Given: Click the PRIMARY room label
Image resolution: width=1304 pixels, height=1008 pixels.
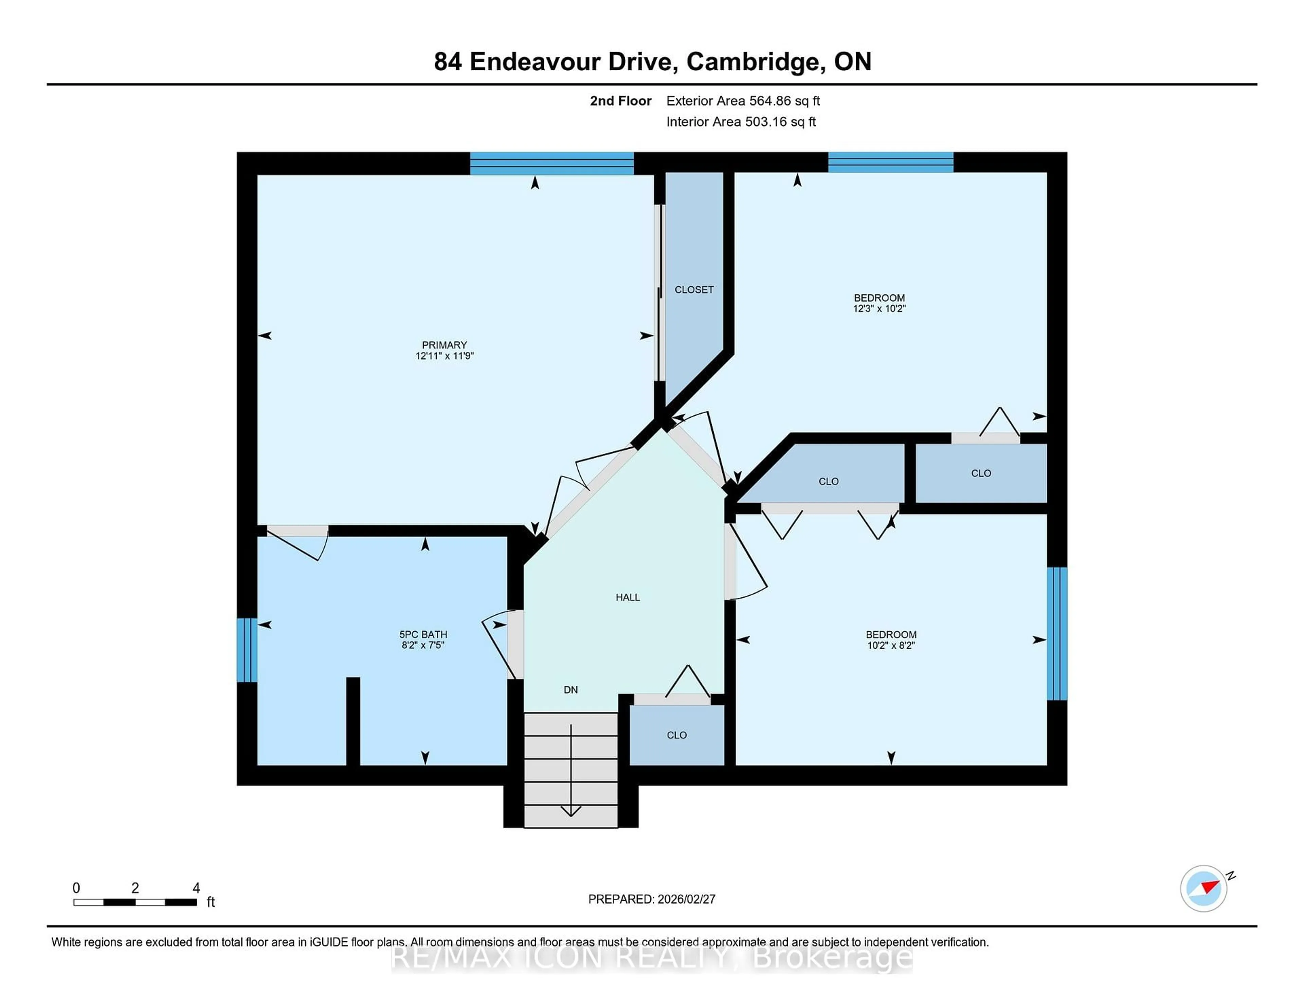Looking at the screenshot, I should pos(444,345).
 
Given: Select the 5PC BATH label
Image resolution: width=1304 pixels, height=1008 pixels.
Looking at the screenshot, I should pos(423,635).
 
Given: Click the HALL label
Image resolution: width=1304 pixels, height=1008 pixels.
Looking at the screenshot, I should pos(628,597).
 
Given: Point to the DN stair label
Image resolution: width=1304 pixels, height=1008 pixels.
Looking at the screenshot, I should pos(571,690).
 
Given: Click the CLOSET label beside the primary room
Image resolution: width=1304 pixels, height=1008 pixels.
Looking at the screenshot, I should pos(694,290).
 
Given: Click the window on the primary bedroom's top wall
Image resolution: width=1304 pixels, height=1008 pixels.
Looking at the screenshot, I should pos(552,163).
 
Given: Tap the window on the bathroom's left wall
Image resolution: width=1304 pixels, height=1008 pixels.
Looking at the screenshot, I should pos(247,650).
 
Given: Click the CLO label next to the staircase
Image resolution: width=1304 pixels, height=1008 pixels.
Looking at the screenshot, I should pos(676,735).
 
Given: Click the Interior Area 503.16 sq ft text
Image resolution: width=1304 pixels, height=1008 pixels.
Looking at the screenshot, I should pos(741,122).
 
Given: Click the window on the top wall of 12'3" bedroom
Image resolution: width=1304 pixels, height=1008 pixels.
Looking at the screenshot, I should pos(890,162).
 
